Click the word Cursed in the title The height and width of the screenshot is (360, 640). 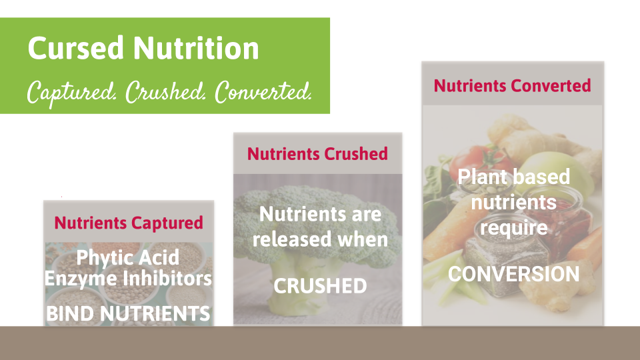coord(75,48)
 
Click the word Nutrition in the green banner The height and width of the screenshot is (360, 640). coord(196,48)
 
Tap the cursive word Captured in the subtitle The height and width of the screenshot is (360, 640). coord(72,93)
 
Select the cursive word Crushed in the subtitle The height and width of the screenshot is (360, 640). coord(165,92)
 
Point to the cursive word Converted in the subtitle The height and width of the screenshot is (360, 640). coord(263,92)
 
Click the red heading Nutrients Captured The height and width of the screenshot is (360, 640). coord(129,223)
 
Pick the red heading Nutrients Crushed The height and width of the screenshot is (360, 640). coord(317,154)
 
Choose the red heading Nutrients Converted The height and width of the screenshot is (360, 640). coord(512,86)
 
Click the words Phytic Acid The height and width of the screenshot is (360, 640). coord(128,258)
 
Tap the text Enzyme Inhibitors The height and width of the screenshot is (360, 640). coord(128,279)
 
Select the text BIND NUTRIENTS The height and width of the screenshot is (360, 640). coord(128,313)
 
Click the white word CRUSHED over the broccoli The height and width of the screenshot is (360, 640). coord(320,286)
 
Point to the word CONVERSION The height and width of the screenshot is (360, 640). coord(514,274)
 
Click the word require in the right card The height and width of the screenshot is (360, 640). coord(514,228)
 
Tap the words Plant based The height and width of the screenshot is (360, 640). coord(514,177)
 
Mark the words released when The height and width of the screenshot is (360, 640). coord(320,239)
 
